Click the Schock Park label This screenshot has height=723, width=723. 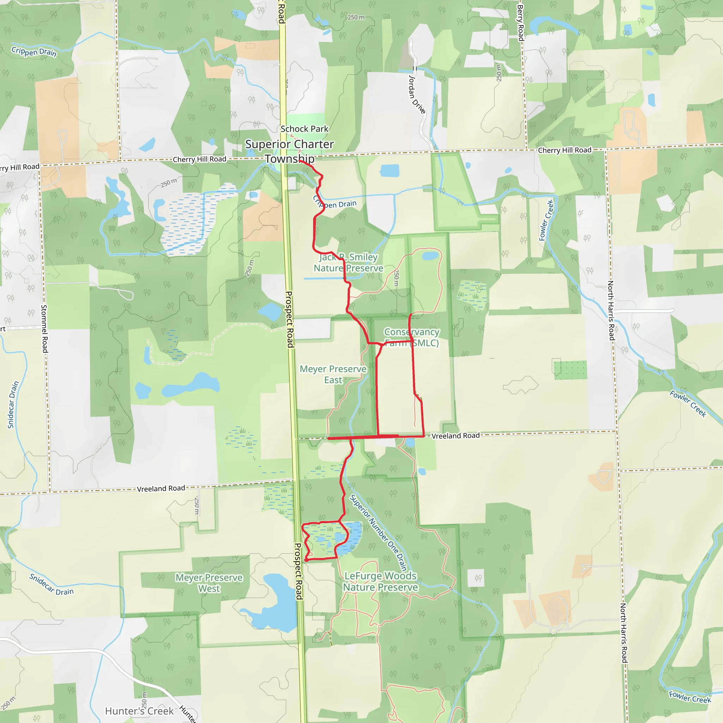tap(304, 129)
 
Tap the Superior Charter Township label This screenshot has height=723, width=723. tap(289, 151)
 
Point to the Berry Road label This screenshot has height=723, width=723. tap(520, 23)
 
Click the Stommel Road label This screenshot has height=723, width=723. tap(44, 329)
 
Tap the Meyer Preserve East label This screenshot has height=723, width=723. tap(333, 374)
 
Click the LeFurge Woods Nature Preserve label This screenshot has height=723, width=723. tap(380, 581)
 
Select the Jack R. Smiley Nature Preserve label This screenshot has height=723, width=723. tap(348, 263)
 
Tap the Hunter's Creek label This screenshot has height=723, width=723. tap(139, 711)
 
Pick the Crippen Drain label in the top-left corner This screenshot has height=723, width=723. tap(34, 51)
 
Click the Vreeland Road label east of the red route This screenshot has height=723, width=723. tap(455, 436)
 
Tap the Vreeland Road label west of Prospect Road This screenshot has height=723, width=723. tap(161, 488)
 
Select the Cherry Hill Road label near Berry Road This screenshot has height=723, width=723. tap(564, 150)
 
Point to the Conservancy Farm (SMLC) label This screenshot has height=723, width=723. tap(412, 337)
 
